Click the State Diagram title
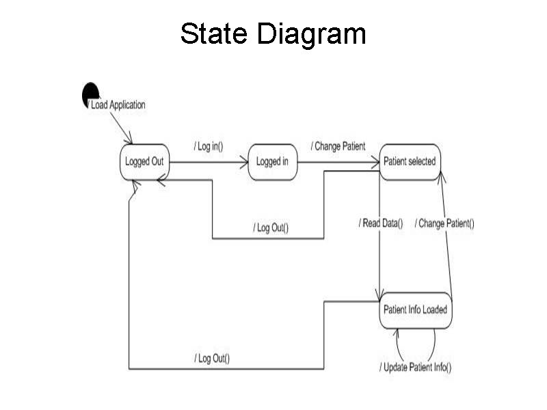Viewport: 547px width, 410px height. [x=273, y=33]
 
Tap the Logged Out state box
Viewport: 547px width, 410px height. [x=144, y=162]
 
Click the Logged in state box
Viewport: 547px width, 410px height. [x=273, y=162]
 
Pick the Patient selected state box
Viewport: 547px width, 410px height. [x=410, y=162]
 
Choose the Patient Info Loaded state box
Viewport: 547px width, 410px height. [x=415, y=310]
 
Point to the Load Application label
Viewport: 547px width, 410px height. [x=118, y=105]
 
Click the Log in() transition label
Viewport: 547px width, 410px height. [x=209, y=147]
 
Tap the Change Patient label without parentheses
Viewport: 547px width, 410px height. [x=338, y=146]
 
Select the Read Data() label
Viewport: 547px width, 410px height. [x=381, y=223]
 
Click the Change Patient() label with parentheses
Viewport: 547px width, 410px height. [x=444, y=223]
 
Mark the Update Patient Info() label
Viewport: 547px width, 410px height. [x=415, y=368]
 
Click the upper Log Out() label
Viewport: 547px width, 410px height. [x=270, y=228]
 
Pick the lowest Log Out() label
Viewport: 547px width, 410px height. [x=211, y=358]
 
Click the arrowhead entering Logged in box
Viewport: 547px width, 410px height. [x=244, y=163]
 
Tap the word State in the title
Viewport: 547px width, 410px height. [x=213, y=33]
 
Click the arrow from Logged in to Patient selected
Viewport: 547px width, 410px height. [x=338, y=163]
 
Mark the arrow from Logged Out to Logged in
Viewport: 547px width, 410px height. [x=209, y=163]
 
